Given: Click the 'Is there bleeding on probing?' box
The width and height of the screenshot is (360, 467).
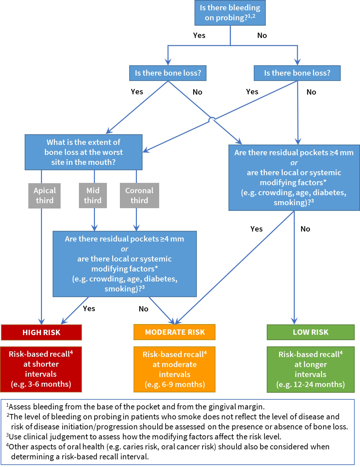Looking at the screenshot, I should pyautogui.click(x=230, y=13).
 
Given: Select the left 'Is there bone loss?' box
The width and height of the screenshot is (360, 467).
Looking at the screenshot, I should pyautogui.click(x=168, y=73).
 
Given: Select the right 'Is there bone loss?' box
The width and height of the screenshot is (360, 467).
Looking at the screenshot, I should pyautogui.click(x=297, y=73).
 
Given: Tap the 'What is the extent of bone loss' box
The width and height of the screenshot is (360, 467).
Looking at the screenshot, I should pyautogui.click(x=84, y=152).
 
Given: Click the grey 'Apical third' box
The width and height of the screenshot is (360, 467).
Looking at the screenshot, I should pyautogui.click(x=45, y=196).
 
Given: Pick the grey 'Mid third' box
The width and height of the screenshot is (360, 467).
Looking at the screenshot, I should pyautogui.click(x=93, y=196).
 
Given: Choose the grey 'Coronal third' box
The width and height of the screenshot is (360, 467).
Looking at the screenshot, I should pyautogui.click(x=139, y=196).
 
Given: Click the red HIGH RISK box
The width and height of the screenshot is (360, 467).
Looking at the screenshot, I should pyautogui.click(x=41, y=332).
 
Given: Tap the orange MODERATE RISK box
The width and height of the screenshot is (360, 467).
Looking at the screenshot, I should pyautogui.click(x=175, y=332).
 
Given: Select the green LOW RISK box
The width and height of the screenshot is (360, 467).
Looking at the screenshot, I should pyautogui.click(x=310, y=332).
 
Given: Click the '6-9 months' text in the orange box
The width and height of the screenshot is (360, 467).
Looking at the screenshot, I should pyautogui.click(x=183, y=384).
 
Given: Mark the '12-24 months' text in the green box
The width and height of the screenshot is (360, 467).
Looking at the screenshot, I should pyautogui.click(x=319, y=384).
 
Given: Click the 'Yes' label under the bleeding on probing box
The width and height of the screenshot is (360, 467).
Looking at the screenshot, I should pyautogui.click(x=199, y=35).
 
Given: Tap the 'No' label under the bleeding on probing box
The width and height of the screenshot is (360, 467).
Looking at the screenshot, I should pyautogui.click(x=262, y=35).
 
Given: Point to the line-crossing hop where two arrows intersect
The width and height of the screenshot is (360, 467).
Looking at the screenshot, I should pyautogui.click(x=212, y=119).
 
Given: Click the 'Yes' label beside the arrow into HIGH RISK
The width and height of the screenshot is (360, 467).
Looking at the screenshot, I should pyautogui.click(x=89, y=308).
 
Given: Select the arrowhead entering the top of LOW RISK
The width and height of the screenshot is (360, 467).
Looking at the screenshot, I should pyautogui.click(x=294, y=321).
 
